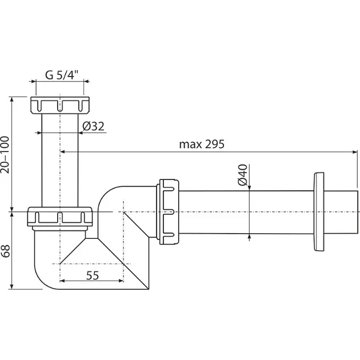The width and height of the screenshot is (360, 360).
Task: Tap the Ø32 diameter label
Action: pos(93,126)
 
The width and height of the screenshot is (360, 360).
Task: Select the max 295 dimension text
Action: pos(202,144)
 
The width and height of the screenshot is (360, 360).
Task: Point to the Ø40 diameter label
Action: pos(242,174)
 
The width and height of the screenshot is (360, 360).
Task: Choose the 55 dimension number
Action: pos(93,275)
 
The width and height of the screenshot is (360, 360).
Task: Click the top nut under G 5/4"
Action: pos(60,106)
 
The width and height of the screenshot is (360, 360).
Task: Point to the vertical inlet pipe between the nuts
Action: pos(59,160)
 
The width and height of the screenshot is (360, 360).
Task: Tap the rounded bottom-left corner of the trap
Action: pos(43,277)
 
